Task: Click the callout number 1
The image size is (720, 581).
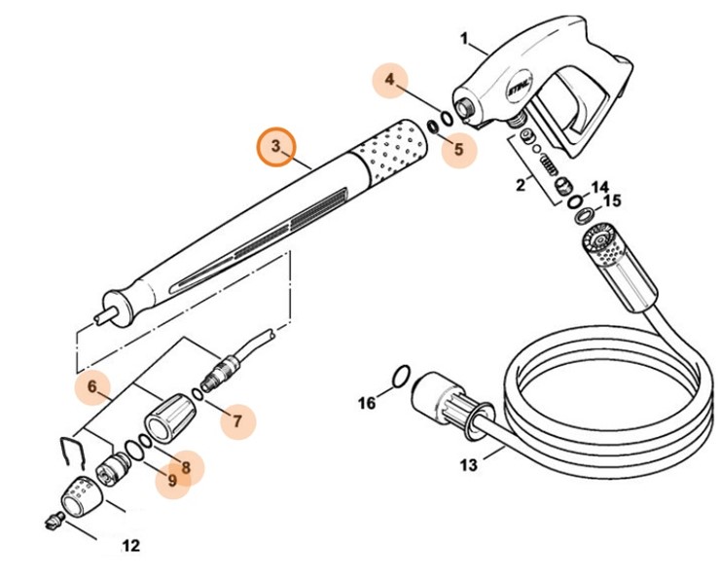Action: [x=464, y=41]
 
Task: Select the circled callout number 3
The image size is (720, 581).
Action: [x=277, y=146]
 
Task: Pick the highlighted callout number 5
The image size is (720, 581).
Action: [x=458, y=150]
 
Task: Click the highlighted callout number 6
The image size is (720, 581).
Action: [x=91, y=387]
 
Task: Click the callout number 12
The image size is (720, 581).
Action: [x=129, y=546]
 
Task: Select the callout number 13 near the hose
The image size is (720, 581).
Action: [x=469, y=465]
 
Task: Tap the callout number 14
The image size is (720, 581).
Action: [x=599, y=185]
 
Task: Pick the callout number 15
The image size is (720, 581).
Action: [x=611, y=201]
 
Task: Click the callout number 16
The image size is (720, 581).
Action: [x=365, y=403]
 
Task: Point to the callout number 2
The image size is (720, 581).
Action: [x=521, y=182]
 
